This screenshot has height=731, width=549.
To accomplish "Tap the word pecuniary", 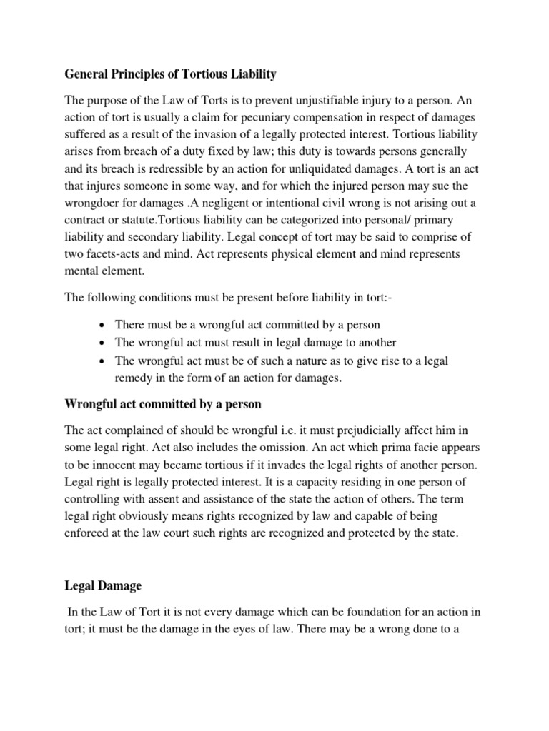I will tap(286, 117).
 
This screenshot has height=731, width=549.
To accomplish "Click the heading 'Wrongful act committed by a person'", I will tap(163, 404).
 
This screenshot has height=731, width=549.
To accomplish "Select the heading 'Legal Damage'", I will tap(103, 586).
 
